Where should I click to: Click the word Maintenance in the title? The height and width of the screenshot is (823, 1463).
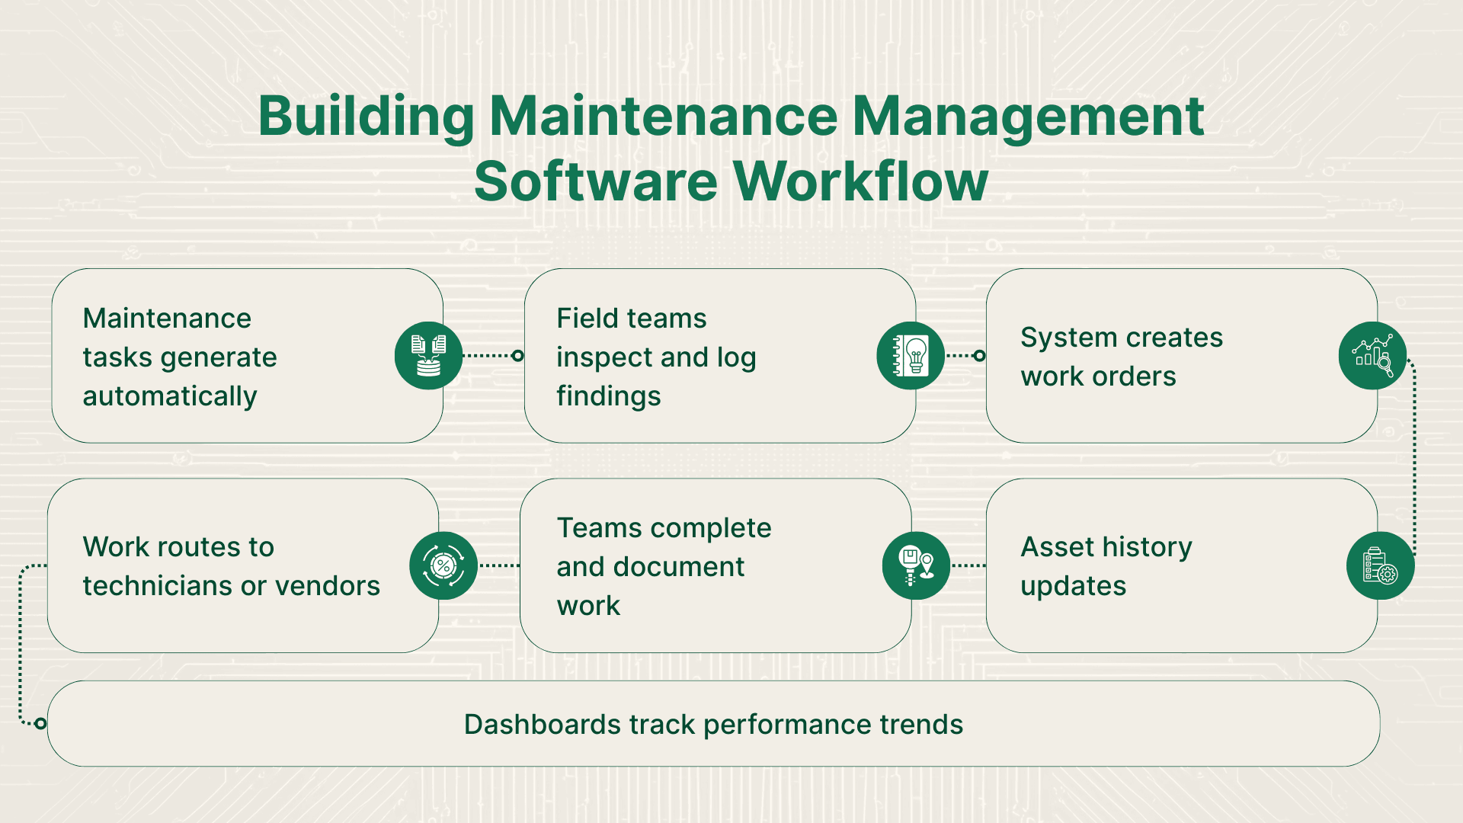coord(663,117)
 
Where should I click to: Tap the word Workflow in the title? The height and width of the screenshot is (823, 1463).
coord(860,182)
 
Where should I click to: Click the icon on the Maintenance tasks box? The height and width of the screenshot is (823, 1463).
coord(428,356)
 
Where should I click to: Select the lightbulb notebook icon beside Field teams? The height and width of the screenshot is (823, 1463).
coord(911,356)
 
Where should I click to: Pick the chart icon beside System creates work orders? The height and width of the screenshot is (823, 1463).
coord(1372,356)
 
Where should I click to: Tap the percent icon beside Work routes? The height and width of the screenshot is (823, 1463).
coord(443,565)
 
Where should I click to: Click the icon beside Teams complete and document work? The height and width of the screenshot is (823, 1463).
coord(916,565)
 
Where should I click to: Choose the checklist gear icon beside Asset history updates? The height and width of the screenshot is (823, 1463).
coord(1380,565)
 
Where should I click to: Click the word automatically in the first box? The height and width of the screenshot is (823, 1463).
coord(170,397)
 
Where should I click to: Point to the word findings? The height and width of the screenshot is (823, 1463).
coord(609,397)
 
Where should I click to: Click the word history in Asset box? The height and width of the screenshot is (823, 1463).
coord(1147,547)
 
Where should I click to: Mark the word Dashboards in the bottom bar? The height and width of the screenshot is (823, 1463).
coord(542,725)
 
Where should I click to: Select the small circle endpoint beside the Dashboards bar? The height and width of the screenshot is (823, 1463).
coord(40,723)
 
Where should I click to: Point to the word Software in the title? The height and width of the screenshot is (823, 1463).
coord(595,182)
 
